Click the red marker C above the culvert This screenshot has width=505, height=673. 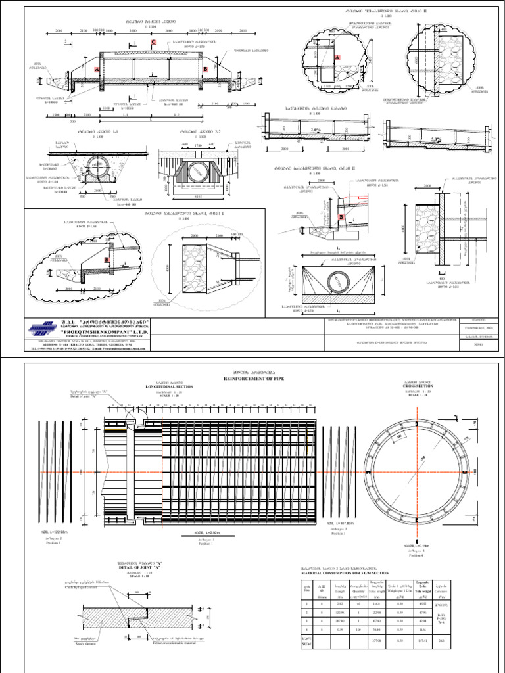tap(154, 43)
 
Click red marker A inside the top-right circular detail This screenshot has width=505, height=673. tap(338, 58)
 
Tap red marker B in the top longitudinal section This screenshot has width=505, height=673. tap(205, 69)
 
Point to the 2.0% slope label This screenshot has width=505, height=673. tap(316, 130)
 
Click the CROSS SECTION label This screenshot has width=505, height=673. tap(416, 387)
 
